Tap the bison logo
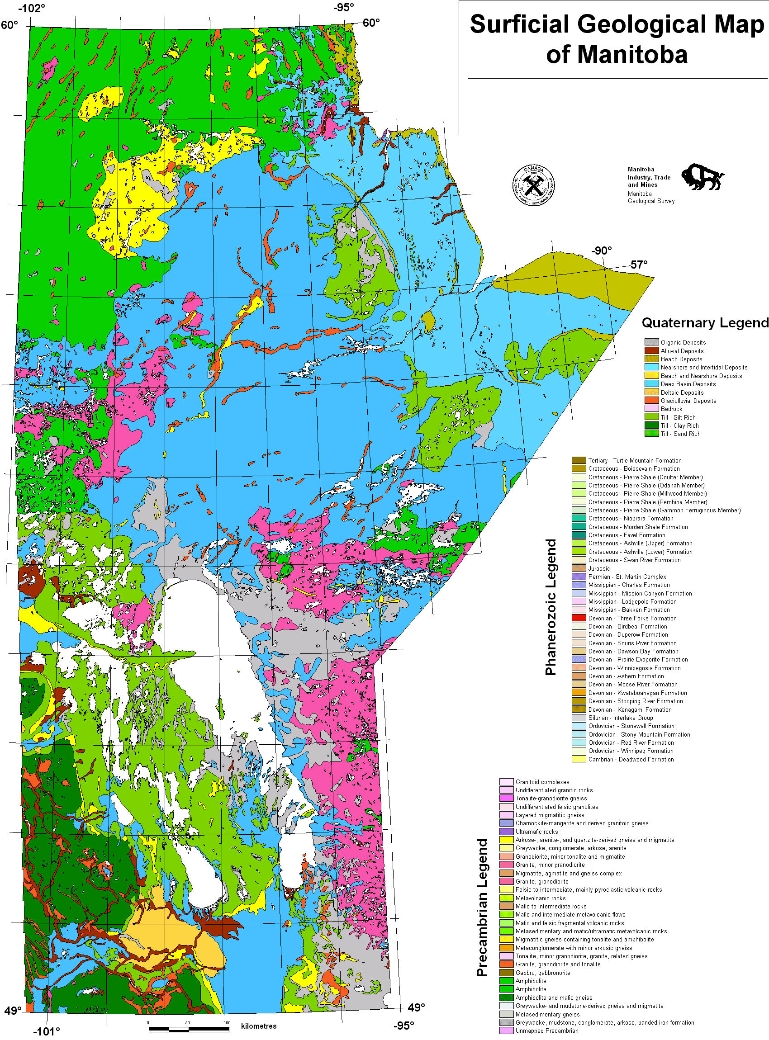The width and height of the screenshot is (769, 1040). point(702,176)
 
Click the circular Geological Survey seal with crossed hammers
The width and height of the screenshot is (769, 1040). point(533,185)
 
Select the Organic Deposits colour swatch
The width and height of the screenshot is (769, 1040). point(651,342)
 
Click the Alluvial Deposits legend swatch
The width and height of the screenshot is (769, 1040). point(651,350)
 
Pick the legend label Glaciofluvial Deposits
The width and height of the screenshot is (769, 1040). point(688,401)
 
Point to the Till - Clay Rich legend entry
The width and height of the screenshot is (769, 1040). point(679,425)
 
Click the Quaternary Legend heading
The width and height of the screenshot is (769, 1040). point(704,322)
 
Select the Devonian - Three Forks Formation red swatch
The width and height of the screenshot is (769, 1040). point(579,618)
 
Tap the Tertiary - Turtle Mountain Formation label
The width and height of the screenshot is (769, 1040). point(635,460)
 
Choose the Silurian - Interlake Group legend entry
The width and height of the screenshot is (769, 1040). point(620,718)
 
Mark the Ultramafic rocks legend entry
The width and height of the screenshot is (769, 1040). point(536,832)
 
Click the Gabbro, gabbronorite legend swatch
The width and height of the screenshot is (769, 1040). point(506,973)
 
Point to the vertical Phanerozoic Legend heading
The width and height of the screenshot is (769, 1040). point(551,607)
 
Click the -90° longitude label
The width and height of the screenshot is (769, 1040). point(601,251)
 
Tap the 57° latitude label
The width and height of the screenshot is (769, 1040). point(639,265)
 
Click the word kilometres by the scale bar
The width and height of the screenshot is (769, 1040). point(258,1026)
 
